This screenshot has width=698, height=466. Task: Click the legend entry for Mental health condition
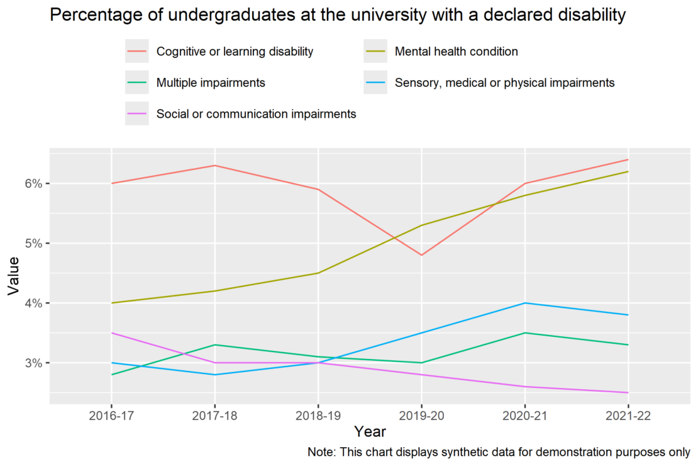point(457,52)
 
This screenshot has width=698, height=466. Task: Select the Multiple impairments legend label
point(211,83)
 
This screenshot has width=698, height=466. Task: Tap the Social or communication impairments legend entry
point(256,114)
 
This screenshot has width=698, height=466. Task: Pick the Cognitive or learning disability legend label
point(235,52)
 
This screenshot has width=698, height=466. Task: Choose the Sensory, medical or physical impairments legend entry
point(504,83)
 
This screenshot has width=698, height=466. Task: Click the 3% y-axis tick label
point(33,363)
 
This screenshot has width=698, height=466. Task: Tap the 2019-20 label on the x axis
point(421,416)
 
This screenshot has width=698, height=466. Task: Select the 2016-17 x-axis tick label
point(111,416)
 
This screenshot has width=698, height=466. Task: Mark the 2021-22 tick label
point(628,416)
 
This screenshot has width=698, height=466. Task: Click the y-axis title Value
point(14,276)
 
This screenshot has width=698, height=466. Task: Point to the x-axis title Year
point(370,431)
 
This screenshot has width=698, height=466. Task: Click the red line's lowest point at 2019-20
point(421,255)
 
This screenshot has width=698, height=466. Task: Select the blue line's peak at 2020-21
point(525,304)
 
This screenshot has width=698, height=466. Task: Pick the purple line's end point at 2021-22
point(628,392)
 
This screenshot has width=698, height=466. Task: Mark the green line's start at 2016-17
point(111,375)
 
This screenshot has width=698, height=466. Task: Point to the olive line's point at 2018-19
point(318,273)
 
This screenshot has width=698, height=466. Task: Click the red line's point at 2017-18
point(215,166)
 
